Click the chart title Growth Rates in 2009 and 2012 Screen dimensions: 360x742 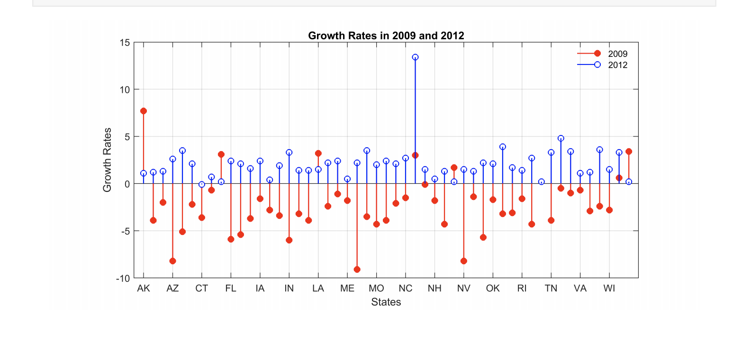pyautogui.click(x=386, y=36)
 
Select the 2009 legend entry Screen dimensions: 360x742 pyautogui.click(x=617, y=54)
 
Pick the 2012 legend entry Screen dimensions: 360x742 pyautogui.click(x=617, y=65)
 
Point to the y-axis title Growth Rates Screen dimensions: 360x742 pyautogui.click(x=107, y=160)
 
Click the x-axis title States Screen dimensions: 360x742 pyautogui.click(x=386, y=302)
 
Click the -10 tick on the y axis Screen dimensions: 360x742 pyautogui.click(x=123, y=279)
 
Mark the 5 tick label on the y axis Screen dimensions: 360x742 pyautogui.click(x=127, y=137)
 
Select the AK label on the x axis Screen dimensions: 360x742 pyautogui.click(x=143, y=288)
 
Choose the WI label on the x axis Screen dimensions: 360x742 pyautogui.click(x=609, y=288)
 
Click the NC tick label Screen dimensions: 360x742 pyautogui.click(x=405, y=288)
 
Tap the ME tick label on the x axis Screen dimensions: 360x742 pyautogui.click(x=347, y=288)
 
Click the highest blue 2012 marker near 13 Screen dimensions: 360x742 pyautogui.click(x=415, y=57)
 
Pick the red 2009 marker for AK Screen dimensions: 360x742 pyautogui.click(x=143, y=111)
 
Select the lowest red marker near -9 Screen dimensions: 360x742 pyautogui.click(x=357, y=270)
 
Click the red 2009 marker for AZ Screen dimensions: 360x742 pyautogui.click(x=172, y=261)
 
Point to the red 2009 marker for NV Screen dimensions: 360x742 pyautogui.click(x=463, y=261)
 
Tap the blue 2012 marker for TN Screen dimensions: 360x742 pyautogui.click(x=551, y=153)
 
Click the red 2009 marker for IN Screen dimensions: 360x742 pyautogui.click(x=289, y=240)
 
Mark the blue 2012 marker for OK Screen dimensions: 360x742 pyautogui.click(x=493, y=164)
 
